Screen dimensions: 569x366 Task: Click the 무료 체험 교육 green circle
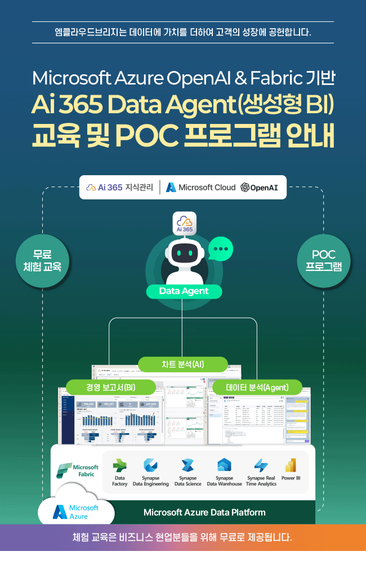(42, 260)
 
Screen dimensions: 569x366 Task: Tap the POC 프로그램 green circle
(323, 260)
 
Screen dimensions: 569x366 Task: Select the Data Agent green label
(184, 291)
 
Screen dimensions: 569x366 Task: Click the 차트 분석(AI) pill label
(183, 364)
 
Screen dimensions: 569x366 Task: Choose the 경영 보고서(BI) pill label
(110, 387)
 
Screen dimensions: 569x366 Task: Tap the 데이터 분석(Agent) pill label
(257, 387)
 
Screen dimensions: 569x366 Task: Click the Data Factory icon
(120, 466)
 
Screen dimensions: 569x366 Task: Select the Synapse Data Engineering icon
(150, 466)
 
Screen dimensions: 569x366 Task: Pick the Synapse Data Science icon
(188, 466)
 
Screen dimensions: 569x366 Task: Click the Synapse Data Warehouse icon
(224, 466)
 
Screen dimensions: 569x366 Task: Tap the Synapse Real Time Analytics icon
(261, 466)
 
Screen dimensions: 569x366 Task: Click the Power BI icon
(291, 466)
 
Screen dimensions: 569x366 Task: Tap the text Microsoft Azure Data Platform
(204, 512)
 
